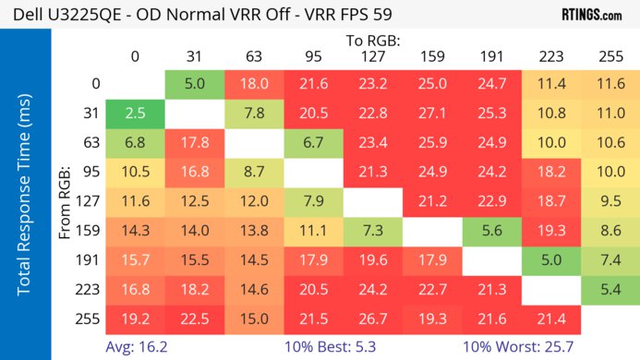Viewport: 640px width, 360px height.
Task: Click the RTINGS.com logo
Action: pos(590,15)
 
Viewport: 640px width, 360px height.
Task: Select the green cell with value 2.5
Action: pos(135,114)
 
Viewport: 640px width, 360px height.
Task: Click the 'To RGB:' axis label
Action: pos(373,41)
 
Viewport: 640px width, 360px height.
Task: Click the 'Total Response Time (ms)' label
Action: pos(25,194)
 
